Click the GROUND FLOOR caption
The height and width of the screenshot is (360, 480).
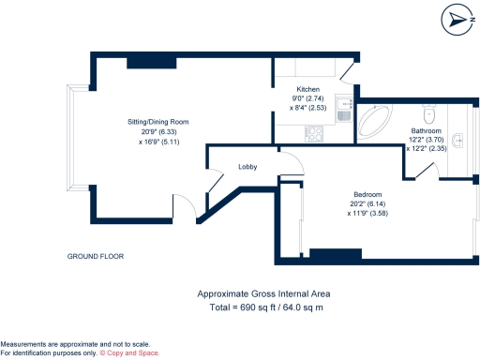click(x=96, y=256)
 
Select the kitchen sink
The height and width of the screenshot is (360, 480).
click(x=345, y=113)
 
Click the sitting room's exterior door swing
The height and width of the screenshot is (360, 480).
click(x=186, y=205)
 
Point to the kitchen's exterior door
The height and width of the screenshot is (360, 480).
click(x=348, y=71)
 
